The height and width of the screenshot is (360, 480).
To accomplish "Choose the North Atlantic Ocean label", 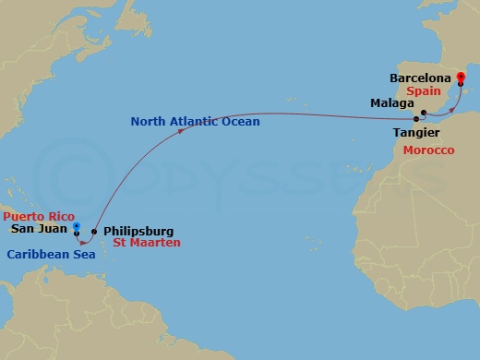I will pos(195,121).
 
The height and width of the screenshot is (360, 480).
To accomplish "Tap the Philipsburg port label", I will pos(138,232).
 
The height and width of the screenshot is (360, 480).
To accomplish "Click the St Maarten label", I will pos(146,243).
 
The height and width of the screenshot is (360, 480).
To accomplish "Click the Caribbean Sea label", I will pos(52,253).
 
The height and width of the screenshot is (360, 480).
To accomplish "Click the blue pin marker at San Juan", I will pos(78,224).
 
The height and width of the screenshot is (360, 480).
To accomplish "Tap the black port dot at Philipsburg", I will pos(94,232).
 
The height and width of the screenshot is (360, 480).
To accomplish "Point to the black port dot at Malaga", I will pos(423,114).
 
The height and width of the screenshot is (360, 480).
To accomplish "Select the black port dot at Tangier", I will pos(416,119).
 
